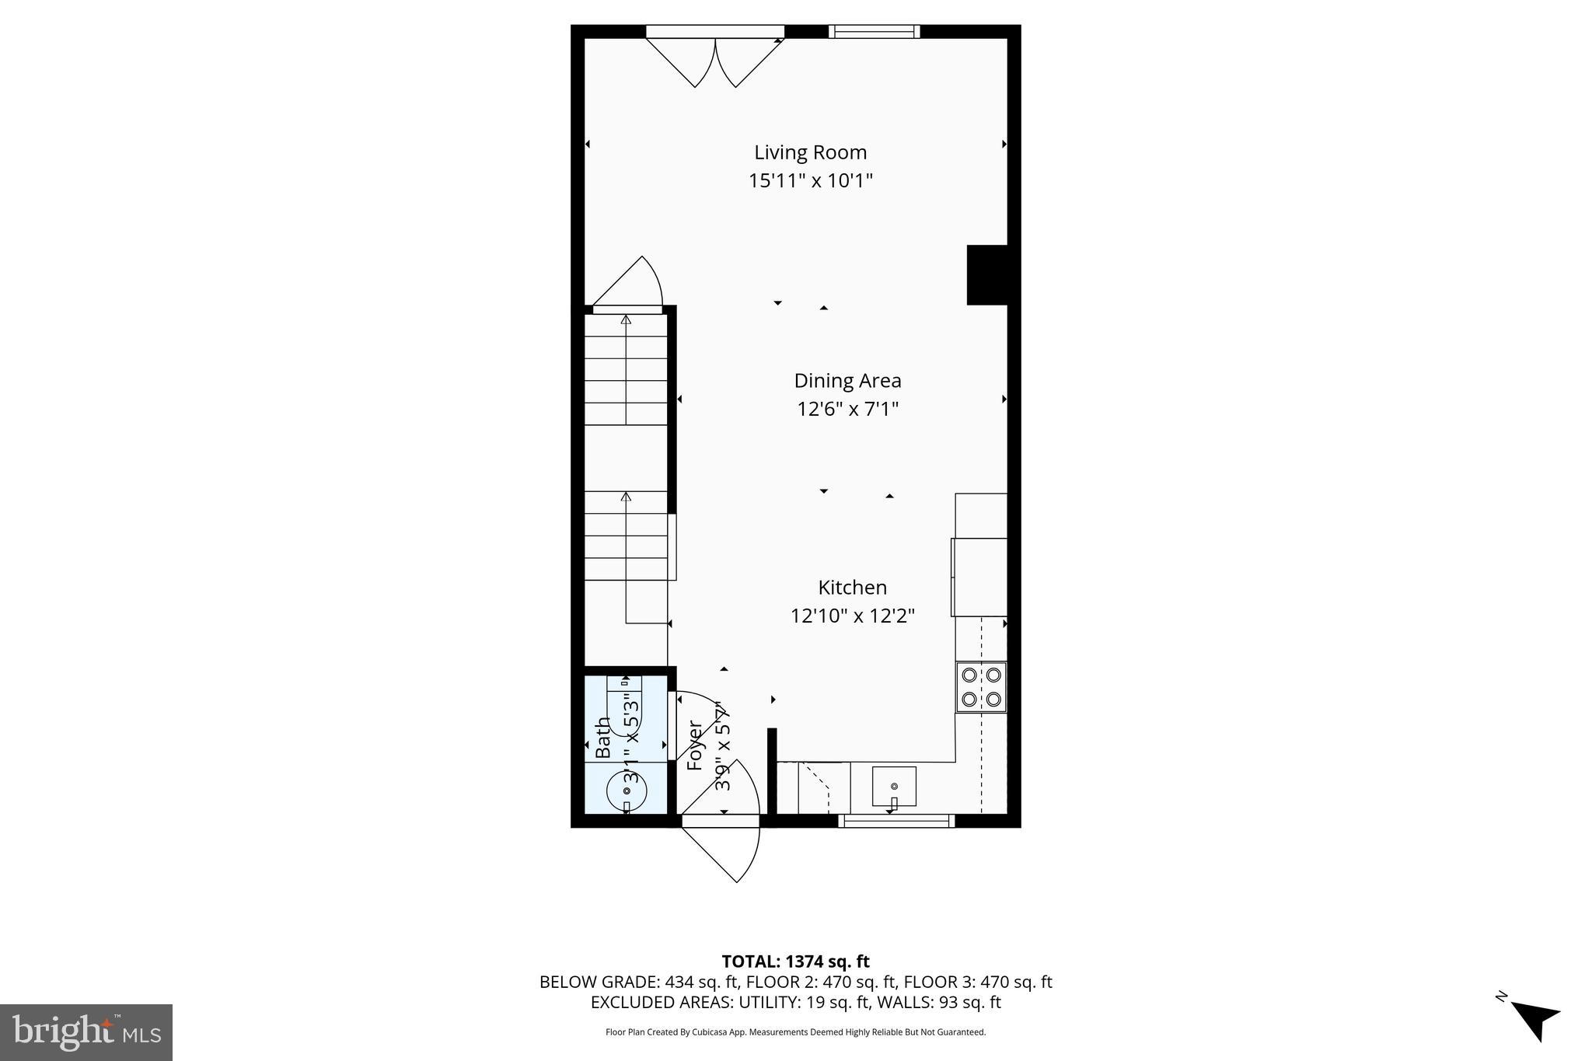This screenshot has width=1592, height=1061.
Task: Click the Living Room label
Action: coord(810,152)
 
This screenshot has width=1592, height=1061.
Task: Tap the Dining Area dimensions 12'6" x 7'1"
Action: coord(847,409)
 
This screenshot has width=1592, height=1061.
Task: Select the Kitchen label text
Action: coord(852,588)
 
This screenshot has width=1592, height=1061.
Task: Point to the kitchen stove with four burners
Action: coord(981,687)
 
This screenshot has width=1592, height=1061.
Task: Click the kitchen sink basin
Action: coord(894,786)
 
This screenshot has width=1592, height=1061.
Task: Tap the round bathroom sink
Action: coord(626,791)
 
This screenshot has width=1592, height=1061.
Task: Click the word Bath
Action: coord(603,738)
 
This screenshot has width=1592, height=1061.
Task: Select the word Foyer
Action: coord(695,745)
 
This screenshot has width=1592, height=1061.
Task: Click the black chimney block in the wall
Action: coord(986,275)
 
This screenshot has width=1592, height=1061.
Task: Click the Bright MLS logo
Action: coord(86,1032)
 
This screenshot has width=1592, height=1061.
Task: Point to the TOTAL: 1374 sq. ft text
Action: coord(795,962)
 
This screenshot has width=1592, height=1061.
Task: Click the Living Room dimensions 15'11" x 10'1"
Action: coord(810,181)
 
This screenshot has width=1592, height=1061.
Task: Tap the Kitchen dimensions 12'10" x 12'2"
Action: coord(852,616)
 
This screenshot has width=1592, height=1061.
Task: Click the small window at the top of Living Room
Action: coord(874,32)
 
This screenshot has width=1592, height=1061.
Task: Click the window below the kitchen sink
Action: coord(896,821)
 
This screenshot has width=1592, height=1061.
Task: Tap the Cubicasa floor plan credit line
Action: coord(795,1032)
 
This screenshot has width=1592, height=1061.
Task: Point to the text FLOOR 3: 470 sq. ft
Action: coord(978,982)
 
